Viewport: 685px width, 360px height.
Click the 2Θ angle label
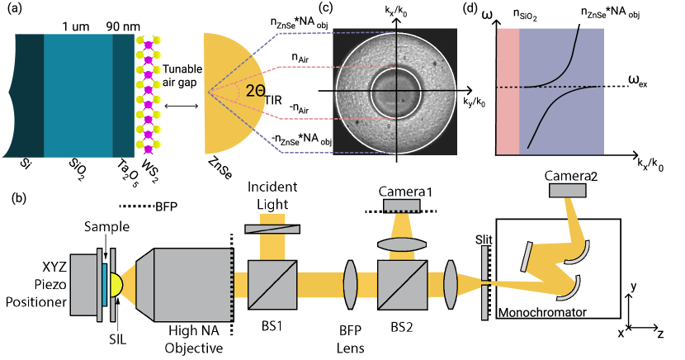(255, 92)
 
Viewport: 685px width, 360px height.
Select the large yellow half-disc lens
(227, 93)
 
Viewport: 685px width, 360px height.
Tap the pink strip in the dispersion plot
(508, 91)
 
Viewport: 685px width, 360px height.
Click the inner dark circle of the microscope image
(395, 92)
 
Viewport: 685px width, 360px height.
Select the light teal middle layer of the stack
(78, 95)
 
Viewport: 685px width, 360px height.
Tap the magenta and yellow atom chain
(149, 94)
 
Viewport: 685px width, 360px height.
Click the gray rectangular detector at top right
(567, 191)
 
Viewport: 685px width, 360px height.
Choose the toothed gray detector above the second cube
(401, 206)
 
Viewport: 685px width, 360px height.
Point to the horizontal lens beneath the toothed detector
(401, 244)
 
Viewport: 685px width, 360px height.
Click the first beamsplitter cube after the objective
(272, 285)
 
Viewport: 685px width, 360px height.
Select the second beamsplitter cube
(402, 285)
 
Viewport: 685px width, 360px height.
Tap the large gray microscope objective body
(191, 285)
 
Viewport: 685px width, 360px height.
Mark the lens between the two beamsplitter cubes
(350, 285)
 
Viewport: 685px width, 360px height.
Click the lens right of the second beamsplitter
(450, 285)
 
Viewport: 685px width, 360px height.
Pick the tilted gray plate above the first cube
(272, 229)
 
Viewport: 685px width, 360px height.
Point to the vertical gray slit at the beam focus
(484, 283)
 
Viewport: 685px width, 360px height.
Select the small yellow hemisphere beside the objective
(116, 285)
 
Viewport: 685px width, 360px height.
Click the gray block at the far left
(83, 285)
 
